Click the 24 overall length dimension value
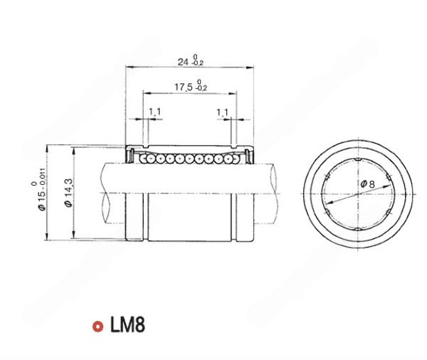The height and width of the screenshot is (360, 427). pyautogui.click(x=183, y=62)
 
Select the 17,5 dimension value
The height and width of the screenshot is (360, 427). pyautogui.click(x=183, y=87)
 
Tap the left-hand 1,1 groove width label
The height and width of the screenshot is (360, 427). pyautogui.click(x=154, y=112)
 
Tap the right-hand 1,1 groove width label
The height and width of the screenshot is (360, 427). pyautogui.click(x=222, y=112)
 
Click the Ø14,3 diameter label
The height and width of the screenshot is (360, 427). pyautogui.click(x=68, y=193)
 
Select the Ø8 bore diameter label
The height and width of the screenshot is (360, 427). pyautogui.click(x=368, y=184)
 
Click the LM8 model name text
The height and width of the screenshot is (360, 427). pyautogui.click(x=127, y=325)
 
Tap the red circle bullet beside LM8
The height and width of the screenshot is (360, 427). pyautogui.click(x=97, y=326)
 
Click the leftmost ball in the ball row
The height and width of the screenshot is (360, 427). pyautogui.click(x=143, y=159)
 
